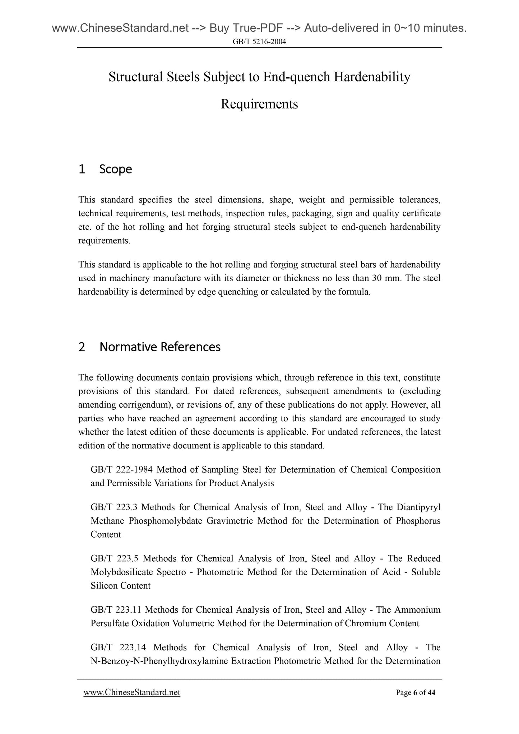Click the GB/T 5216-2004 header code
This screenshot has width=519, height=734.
coord(259,42)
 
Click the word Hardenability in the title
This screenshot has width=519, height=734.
coord(372,77)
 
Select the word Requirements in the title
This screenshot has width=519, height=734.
coord(259,104)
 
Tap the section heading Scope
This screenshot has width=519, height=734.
coord(116,169)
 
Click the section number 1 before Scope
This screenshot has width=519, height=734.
coord(82,169)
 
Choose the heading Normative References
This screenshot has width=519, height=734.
coord(160,347)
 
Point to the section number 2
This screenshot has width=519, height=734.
coord(82,347)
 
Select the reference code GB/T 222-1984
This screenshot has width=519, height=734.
coord(121,470)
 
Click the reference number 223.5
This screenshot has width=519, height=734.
coord(128,559)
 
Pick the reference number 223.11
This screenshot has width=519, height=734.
coord(128,610)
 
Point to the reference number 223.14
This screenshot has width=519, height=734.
coord(133,647)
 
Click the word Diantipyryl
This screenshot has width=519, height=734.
coord(418,507)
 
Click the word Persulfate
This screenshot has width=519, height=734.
coord(110,623)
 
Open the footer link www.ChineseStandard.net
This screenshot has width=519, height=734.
coord(132,692)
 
